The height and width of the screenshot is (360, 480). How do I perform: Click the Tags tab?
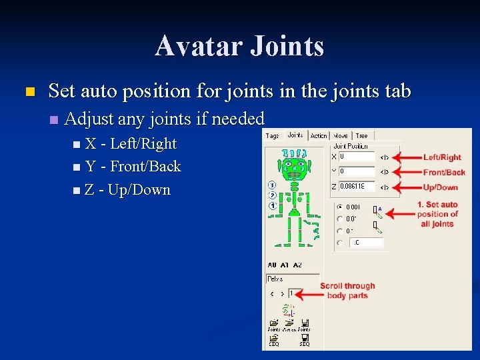click(x=273, y=135)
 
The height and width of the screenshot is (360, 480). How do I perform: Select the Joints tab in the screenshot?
click(x=295, y=135)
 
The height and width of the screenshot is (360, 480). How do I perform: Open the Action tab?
click(x=319, y=135)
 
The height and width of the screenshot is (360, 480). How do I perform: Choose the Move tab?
click(x=341, y=135)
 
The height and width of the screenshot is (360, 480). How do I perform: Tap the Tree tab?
click(x=361, y=135)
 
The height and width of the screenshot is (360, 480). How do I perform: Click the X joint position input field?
click(x=356, y=157)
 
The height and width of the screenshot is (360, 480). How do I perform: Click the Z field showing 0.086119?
click(x=356, y=187)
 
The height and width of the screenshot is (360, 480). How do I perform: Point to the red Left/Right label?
click(x=442, y=157)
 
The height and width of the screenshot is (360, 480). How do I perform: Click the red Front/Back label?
click(x=443, y=172)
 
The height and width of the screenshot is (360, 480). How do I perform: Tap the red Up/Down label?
click(x=441, y=187)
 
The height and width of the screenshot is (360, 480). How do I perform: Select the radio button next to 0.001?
click(x=340, y=207)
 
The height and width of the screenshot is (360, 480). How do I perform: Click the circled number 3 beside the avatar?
click(x=272, y=185)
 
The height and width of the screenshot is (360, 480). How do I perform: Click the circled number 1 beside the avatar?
click(x=272, y=206)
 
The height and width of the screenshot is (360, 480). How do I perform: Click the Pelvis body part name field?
click(x=292, y=279)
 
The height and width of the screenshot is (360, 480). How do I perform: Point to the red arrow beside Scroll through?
click(x=307, y=292)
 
